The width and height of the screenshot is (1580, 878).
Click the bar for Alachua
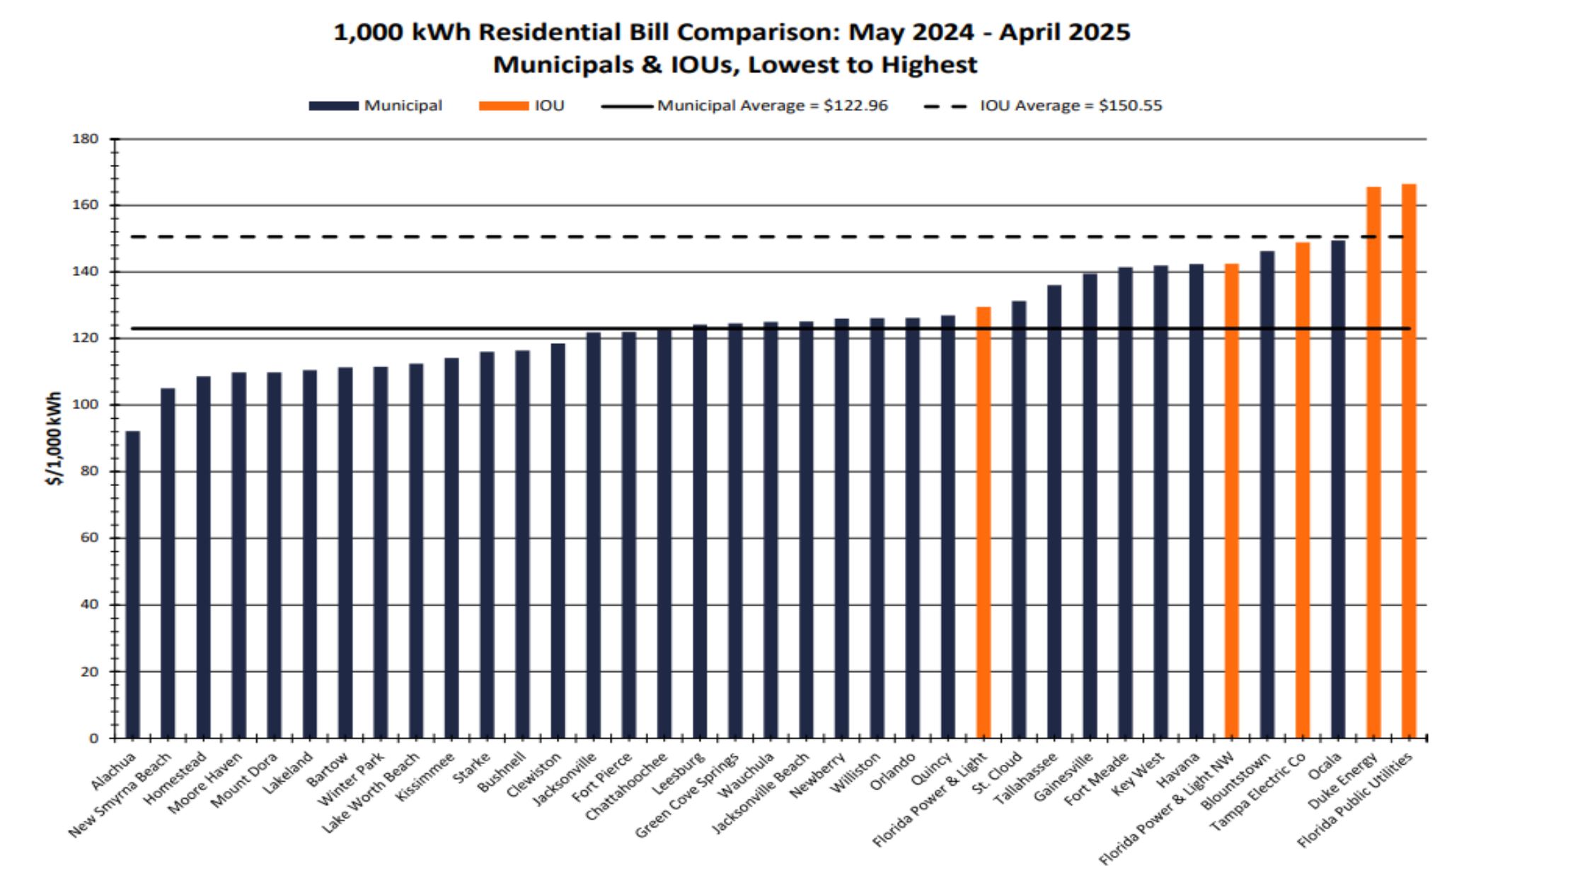[x=132, y=584]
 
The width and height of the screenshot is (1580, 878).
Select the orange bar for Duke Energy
[x=1373, y=463]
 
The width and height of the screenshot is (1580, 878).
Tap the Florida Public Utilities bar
[x=1408, y=461]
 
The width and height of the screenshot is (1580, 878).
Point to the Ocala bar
[x=1337, y=489]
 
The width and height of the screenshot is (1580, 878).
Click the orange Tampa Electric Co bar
[x=1302, y=490]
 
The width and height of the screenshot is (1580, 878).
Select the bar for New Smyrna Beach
[x=168, y=563]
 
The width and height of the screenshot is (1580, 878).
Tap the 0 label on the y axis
[x=93, y=738]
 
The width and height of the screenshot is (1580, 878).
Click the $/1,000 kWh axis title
[x=54, y=439]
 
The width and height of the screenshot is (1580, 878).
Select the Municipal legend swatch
[x=333, y=106]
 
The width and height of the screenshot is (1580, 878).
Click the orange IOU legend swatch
[x=503, y=106]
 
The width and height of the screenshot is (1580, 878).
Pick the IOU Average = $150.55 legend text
[x=1071, y=106]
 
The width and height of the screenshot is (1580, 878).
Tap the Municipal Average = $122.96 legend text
[x=772, y=106]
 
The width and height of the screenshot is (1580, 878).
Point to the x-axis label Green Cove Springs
[x=686, y=795]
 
